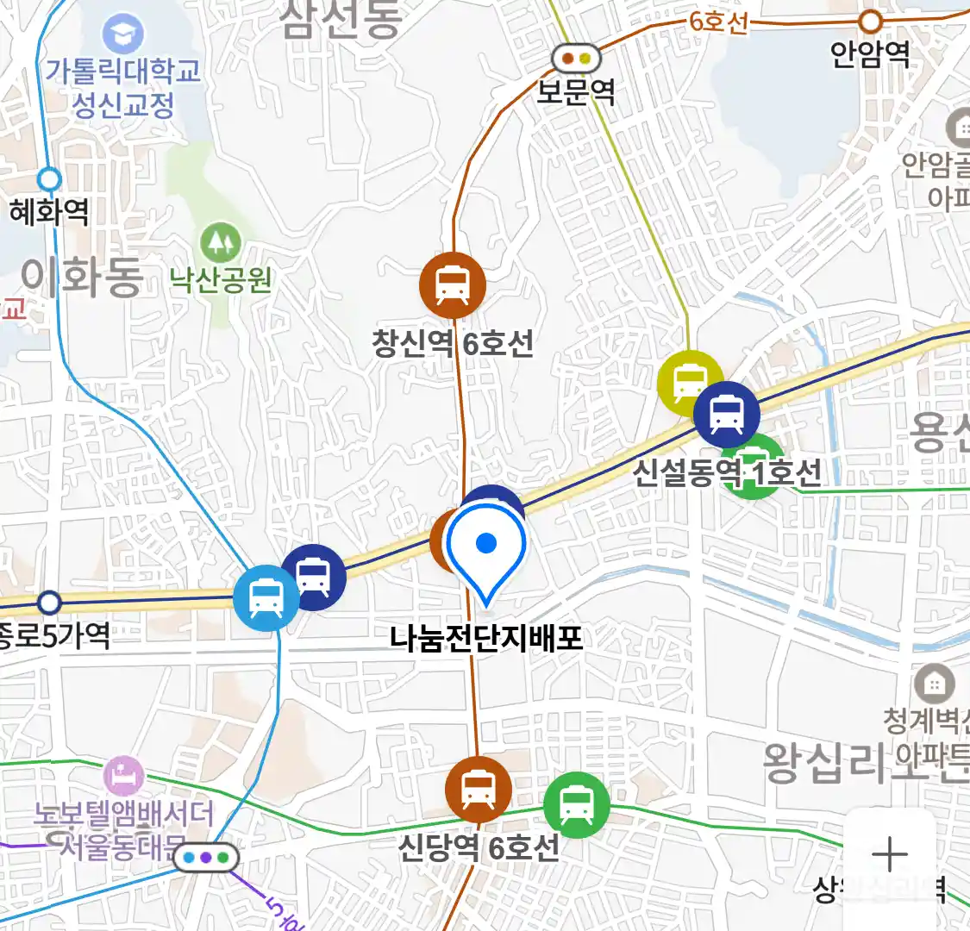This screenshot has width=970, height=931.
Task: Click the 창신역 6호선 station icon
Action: click(452, 285)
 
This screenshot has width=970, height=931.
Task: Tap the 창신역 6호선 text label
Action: click(453, 343)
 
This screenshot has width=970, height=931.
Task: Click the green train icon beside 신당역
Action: click(576, 806)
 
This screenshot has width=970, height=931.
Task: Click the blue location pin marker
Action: click(486, 549)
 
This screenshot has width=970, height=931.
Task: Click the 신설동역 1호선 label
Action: click(727, 472)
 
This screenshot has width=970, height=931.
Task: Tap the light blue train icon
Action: click(266, 597)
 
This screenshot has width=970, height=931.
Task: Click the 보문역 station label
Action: click(576, 91)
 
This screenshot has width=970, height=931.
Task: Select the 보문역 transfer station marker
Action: click(576, 59)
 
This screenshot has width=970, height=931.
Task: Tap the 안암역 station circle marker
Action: click(872, 22)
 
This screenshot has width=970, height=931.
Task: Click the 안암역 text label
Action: click(870, 54)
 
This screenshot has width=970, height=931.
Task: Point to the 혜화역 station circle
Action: click(49, 179)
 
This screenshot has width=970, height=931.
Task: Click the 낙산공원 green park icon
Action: click(221, 243)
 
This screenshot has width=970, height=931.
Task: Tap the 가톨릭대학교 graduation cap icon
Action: click(123, 35)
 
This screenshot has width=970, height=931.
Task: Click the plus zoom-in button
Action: click(889, 854)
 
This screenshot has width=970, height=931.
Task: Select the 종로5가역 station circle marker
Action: click(49, 602)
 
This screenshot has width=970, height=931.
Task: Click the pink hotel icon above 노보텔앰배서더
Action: click(123, 775)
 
